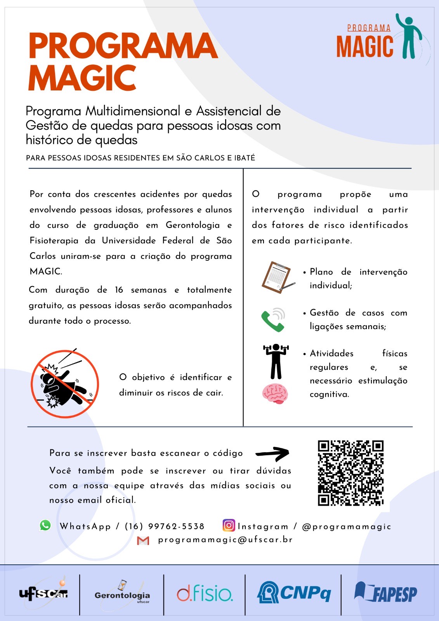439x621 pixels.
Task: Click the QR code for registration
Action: [351, 473]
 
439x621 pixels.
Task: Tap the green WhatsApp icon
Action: [45, 525]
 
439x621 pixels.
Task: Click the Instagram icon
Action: [229, 525]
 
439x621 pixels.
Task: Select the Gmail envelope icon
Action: [143, 540]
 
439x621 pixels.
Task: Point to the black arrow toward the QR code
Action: [272, 453]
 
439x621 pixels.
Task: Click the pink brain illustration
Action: [275, 394]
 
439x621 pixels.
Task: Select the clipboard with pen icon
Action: [277, 277]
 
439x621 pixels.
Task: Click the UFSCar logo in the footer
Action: [43, 593]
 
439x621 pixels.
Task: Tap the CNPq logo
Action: [294, 593]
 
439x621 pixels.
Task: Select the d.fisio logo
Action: [205, 593]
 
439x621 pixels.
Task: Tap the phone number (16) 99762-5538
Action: [165, 526]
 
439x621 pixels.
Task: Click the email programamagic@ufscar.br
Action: [225, 540]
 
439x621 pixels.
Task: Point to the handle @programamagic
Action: [346, 527]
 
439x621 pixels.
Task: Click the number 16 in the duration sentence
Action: [119, 290]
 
